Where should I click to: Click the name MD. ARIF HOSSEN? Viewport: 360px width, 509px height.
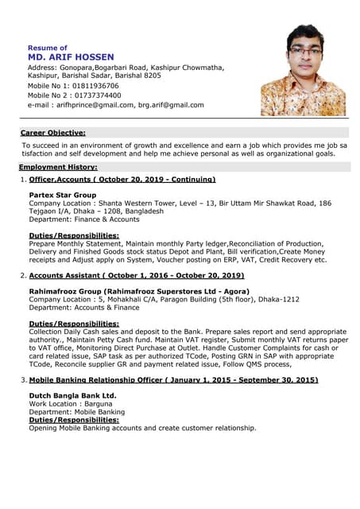(71, 57)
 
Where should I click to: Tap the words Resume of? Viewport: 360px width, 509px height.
(47, 47)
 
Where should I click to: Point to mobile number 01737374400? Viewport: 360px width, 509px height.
(95, 95)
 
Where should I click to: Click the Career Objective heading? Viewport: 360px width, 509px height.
(52, 133)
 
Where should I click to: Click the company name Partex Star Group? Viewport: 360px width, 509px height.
(62, 195)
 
